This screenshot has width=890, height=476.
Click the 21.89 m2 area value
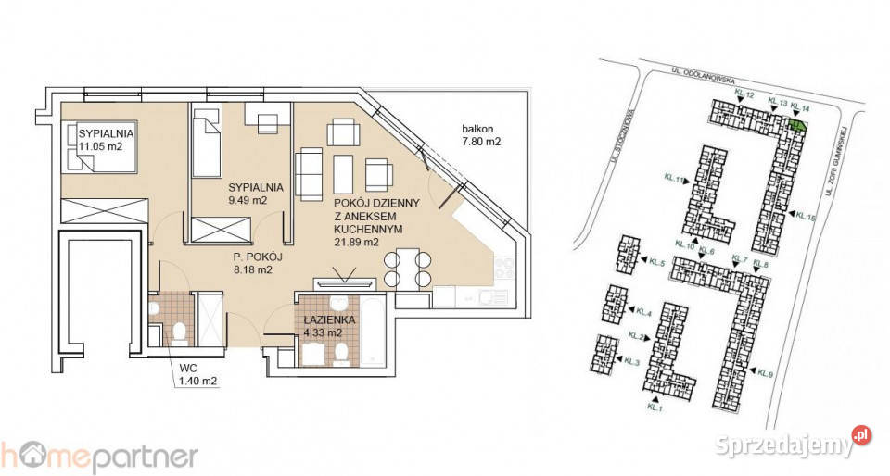pyautogui.click(x=355, y=242)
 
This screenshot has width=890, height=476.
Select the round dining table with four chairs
pyautogui.click(x=408, y=269)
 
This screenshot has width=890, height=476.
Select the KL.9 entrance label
pyautogui.click(x=766, y=374)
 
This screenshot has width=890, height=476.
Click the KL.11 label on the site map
pyautogui.click(x=673, y=180)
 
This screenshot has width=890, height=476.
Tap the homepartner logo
pyautogui.click(x=98, y=456)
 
